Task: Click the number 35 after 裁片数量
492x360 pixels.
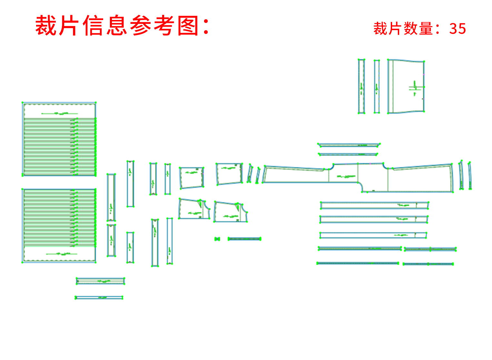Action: pyautogui.click(x=458, y=29)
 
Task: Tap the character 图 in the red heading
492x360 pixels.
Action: pyautogui.click(x=188, y=26)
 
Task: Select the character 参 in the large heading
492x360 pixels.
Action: pyautogui.click(x=141, y=26)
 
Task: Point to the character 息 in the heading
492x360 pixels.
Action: pyautogui.click(x=117, y=26)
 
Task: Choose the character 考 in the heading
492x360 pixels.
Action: pyautogui.click(x=164, y=26)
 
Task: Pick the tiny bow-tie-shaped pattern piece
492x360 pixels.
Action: pyautogui.click(x=217, y=239)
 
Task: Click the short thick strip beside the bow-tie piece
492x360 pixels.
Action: pyautogui.click(x=244, y=239)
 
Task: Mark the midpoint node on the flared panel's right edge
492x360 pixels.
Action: pyautogui.click(x=424, y=86)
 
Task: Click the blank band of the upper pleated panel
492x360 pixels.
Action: pyautogui.click(x=60, y=111)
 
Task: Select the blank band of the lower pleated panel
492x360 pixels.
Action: pyautogui.click(x=60, y=255)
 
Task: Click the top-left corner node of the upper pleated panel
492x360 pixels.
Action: pyautogui.click(x=23, y=103)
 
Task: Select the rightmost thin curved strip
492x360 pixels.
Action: pyautogui.click(x=470, y=175)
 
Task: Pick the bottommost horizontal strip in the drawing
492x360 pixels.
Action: pyautogui.click(x=99, y=297)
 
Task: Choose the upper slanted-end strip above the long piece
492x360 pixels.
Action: pyautogui.click(x=349, y=145)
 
